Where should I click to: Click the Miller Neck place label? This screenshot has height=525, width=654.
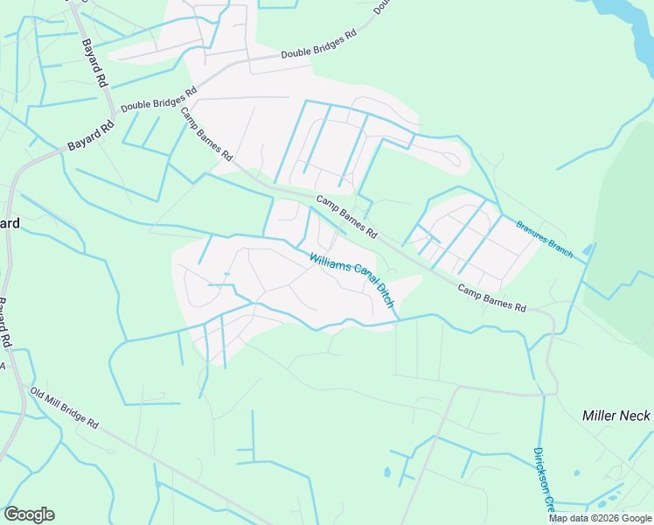coord(616,416)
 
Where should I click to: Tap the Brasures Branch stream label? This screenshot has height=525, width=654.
coord(543,239)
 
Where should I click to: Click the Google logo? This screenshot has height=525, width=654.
coord(29,514)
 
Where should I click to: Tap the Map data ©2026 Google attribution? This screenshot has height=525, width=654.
coord(600,518)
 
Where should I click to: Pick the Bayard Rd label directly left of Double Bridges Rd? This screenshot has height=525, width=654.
coord(91,136)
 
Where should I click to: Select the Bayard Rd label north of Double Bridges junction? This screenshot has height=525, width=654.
coord(94,62)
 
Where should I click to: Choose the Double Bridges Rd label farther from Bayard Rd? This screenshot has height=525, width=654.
coord(319,45)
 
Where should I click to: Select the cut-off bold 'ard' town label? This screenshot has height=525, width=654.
coord(9,223)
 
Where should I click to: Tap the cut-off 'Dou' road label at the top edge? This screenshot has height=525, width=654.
coord(382,6)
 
